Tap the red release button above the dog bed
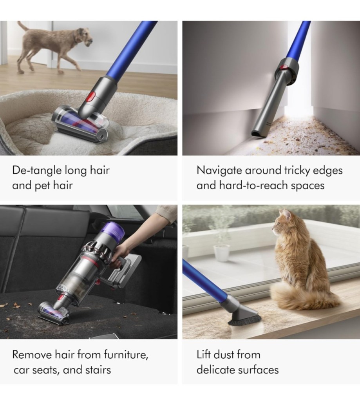click(92, 97)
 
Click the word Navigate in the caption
click(219, 171)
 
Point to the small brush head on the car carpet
click(54, 313)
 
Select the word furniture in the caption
click(126, 355)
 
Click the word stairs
click(98, 370)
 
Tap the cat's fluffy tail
click(297, 297)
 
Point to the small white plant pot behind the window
click(221, 252)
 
